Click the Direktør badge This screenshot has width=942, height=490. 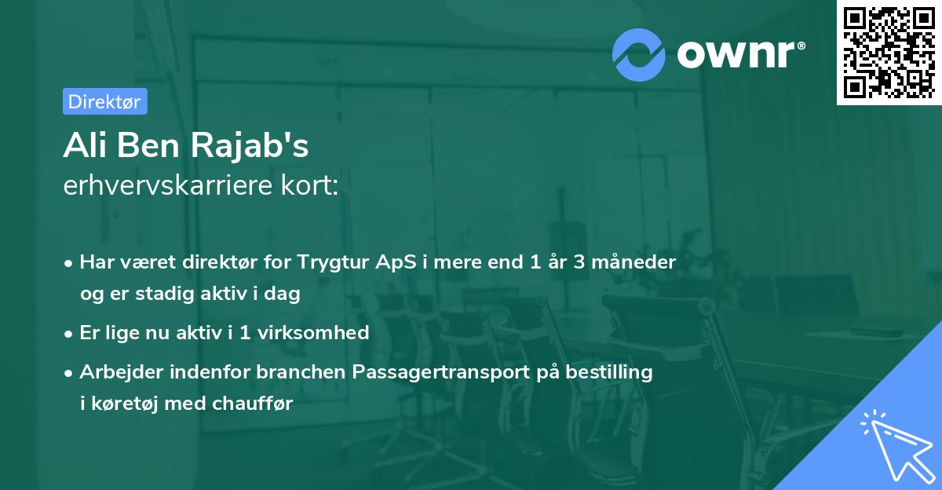[x=104, y=101]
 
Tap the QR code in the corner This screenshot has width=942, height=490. [x=889, y=53]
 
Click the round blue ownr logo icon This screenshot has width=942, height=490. [x=638, y=54]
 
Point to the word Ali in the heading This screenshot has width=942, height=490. [x=85, y=145]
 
